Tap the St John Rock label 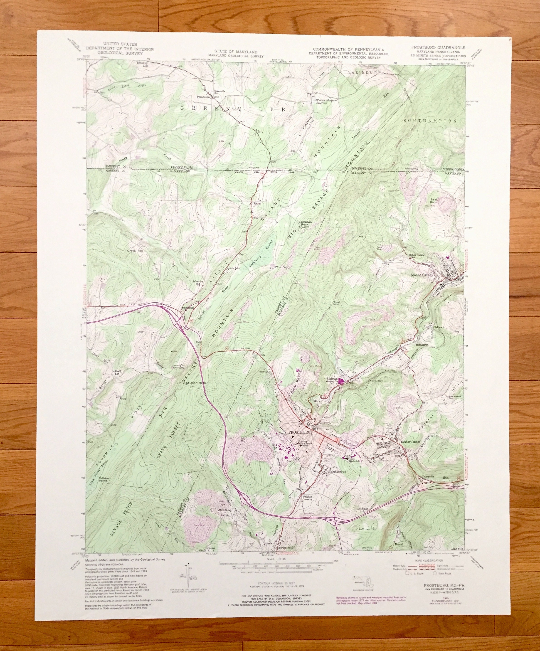(196, 383)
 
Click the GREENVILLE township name (232, 109)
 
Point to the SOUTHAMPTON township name (431, 121)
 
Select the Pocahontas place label (204, 97)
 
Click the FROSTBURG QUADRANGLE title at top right (438, 47)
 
